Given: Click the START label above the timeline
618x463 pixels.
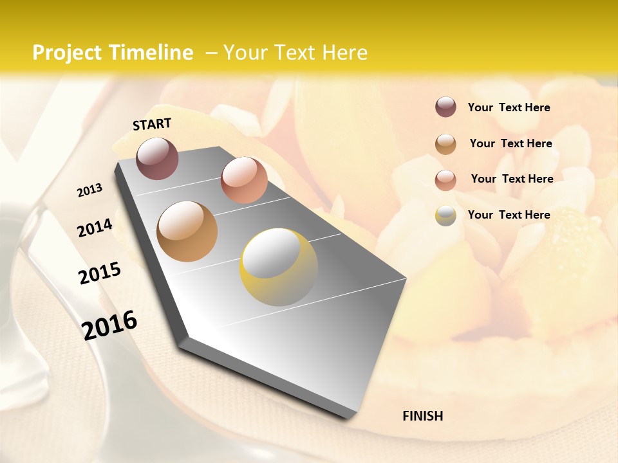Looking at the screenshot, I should click(152, 124).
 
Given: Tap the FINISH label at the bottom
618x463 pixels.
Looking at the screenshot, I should click(422, 416).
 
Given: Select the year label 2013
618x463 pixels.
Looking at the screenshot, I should click(89, 190).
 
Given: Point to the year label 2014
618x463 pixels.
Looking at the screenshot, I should click(95, 228).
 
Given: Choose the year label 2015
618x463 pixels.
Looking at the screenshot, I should click(99, 273).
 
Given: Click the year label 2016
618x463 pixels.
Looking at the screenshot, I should click(109, 325).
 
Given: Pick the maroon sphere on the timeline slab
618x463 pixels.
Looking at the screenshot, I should click(157, 158).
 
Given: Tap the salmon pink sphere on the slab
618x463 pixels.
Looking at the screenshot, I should click(244, 179).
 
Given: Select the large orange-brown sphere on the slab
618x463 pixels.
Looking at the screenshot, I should click(187, 232).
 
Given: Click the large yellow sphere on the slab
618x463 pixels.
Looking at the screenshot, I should click(278, 267).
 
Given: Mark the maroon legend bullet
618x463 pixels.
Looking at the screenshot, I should click(445, 107).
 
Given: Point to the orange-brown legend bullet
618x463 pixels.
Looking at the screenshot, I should click(445, 143).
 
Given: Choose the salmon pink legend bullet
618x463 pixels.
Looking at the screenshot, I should click(445, 179).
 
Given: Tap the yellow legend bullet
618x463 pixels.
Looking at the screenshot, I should click(445, 215).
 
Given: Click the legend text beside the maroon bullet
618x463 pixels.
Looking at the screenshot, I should click(509, 107).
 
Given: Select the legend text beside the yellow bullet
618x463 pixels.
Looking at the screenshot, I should click(509, 215).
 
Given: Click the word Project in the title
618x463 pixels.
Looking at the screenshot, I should click(66, 53).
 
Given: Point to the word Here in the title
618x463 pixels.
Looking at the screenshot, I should click(344, 53).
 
